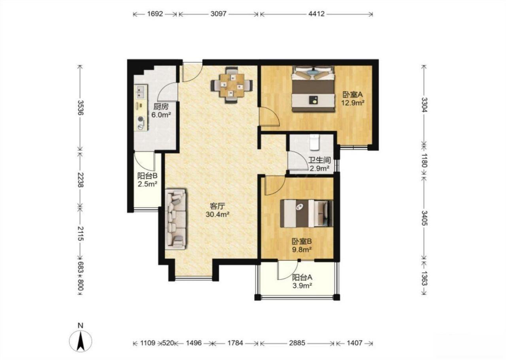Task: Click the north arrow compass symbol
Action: coord(80,341)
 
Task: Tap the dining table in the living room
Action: coord(232,85)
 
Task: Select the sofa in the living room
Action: coord(176,219)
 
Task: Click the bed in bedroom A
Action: coord(313,89)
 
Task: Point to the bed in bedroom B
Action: coord(306,213)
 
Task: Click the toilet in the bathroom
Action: coord(314,142)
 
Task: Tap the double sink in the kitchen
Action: coord(141,92)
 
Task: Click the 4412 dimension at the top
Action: coord(317,14)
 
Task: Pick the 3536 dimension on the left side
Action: coord(80,107)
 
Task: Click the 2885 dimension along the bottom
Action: coord(297,343)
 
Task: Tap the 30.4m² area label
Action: coord(217,214)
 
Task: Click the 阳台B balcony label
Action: coord(147,175)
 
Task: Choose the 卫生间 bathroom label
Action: coord(320,160)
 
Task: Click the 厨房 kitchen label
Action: coord(161,106)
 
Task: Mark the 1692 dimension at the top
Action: coord(155,14)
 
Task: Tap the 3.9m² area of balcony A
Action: coord(302,286)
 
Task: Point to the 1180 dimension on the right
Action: coord(424,160)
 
